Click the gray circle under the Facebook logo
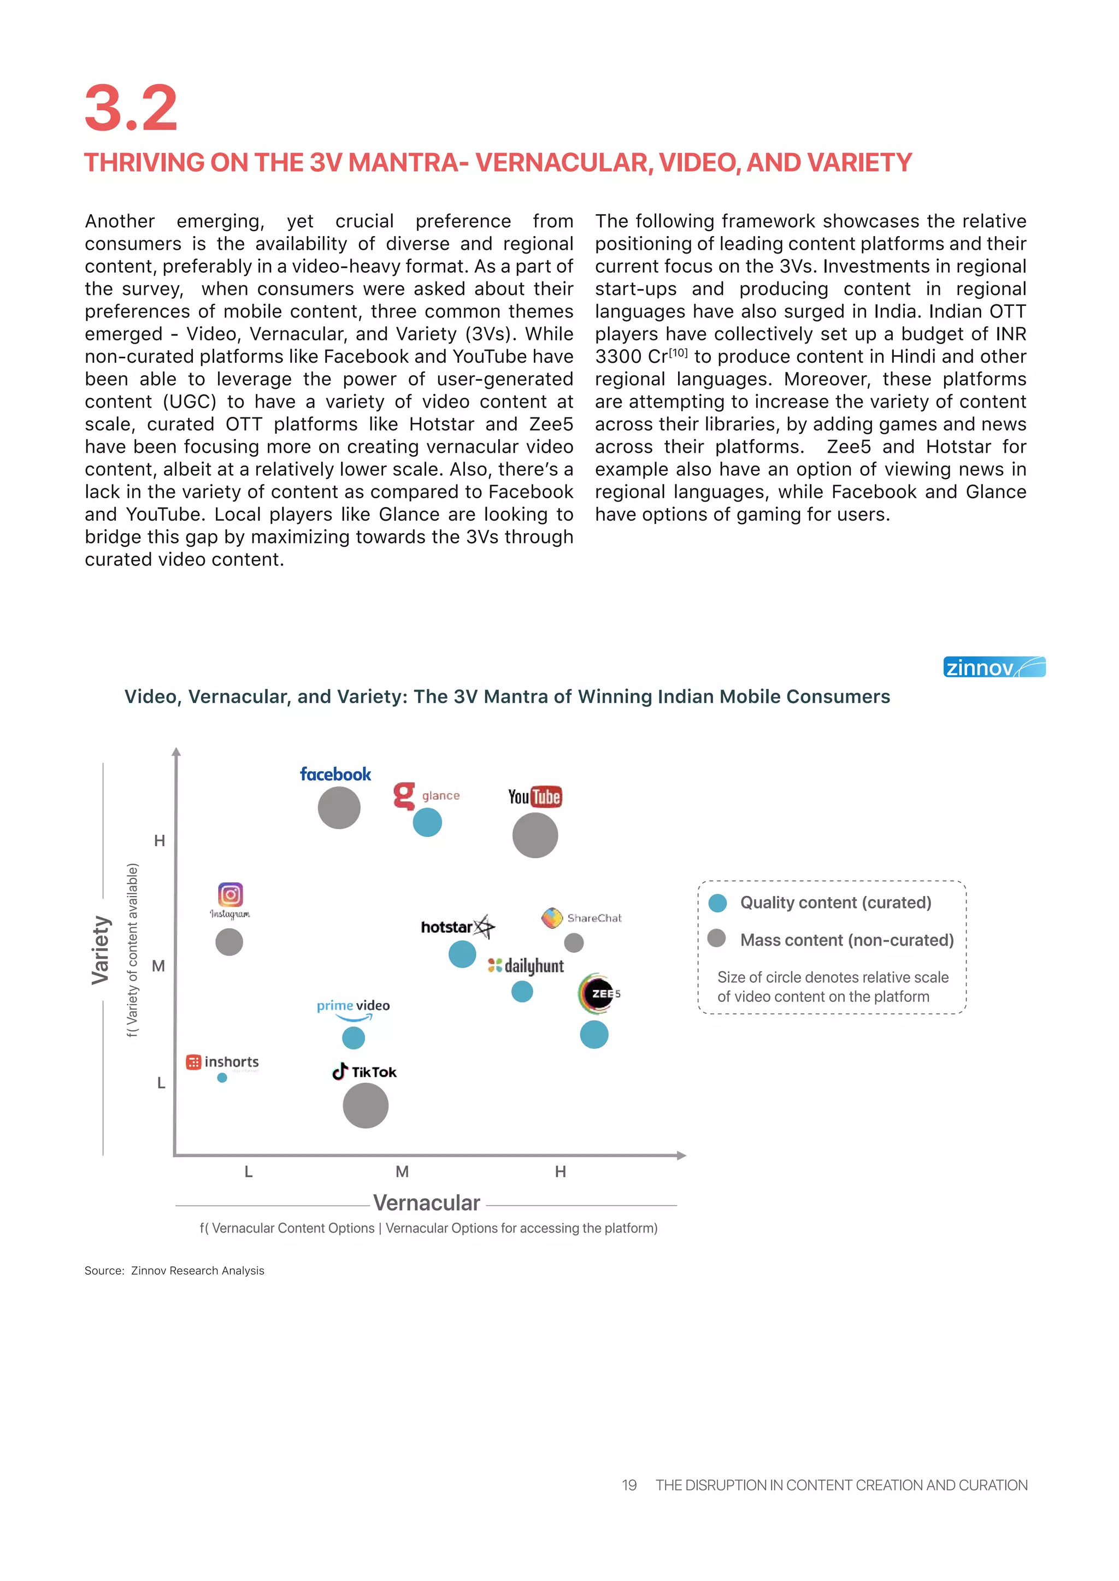coord(339,807)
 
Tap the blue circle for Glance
coord(427,822)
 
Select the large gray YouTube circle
coord(535,835)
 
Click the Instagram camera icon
coord(231,894)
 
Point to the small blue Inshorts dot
coord(222,1077)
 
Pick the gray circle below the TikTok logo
coord(365,1105)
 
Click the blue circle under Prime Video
coord(354,1037)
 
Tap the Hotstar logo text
coord(447,927)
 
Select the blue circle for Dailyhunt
coord(522,992)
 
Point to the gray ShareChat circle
coord(574,942)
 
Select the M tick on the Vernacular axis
coord(402,1171)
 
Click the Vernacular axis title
coord(427,1203)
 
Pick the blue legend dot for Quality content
coord(717,903)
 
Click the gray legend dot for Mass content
coord(717,938)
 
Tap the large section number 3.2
coord(131,108)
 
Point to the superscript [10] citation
coord(678,353)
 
